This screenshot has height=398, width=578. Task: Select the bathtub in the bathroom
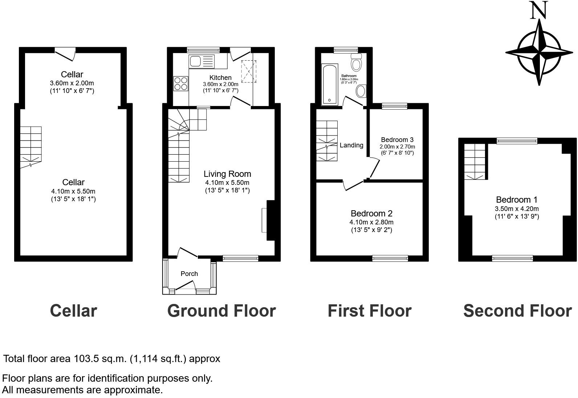pyautogui.click(x=330, y=84)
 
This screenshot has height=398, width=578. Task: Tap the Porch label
pyautogui.click(x=189, y=274)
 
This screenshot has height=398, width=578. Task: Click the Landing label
pyautogui.click(x=351, y=145)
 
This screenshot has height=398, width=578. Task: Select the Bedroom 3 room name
pyautogui.click(x=397, y=140)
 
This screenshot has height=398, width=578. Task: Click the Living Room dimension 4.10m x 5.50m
pyautogui.click(x=227, y=183)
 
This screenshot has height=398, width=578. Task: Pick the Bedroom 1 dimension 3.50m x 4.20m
pyautogui.click(x=516, y=209)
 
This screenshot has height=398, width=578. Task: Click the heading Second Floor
pyautogui.click(x=517, y=311)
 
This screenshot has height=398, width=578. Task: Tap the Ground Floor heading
pyautogui.click(x=221, y=311)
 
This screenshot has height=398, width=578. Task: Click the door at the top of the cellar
pyautogui.click(x=66, y=54)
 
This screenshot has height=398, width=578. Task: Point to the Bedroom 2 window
pyautogui.click(x=390, y=258)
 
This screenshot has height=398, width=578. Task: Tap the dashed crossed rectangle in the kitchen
pyautogui.click(x=248, y=71)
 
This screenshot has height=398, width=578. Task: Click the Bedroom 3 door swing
pyautogui.click(x=374, y=167)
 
